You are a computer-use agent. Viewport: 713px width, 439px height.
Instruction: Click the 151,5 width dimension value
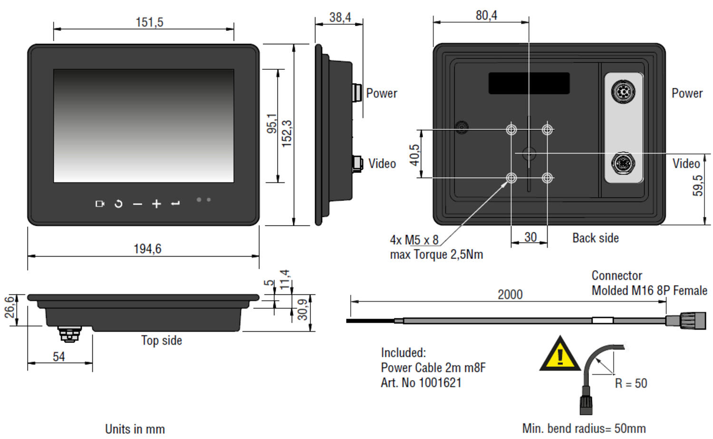point(149,22)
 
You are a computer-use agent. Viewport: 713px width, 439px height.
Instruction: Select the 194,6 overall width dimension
point(147,249)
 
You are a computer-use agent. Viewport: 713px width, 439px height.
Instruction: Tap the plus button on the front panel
point(156,204)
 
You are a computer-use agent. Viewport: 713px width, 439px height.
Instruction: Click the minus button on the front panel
point(137,204)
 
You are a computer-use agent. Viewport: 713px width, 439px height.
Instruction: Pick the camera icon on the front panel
point(100,204)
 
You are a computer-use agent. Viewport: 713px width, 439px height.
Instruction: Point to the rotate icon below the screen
point(118,204)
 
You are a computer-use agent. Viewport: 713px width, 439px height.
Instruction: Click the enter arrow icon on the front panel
point(175,204)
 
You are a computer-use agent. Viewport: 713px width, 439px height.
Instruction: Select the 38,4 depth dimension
point(340,18)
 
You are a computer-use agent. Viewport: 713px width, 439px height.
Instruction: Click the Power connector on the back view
point(623,91)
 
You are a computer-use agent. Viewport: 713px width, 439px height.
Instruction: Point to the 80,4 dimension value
point(486,16)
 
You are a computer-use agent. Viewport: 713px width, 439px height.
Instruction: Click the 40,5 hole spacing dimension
point(414,155)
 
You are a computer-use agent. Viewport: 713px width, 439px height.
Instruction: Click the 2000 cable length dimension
point(510,295)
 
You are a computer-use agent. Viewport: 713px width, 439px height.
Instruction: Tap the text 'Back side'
point(596,238)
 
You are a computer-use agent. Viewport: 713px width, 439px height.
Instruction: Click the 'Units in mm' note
point(135,429)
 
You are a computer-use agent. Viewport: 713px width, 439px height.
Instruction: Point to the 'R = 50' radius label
point(631,383)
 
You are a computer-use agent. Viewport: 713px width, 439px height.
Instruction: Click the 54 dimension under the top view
point(59,357)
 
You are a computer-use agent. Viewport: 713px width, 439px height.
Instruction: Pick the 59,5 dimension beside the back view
point(697,185)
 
